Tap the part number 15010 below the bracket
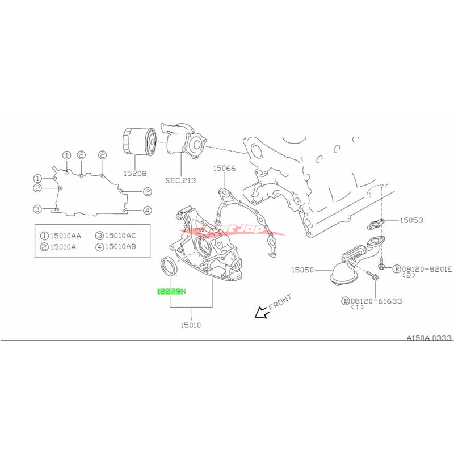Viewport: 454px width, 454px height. coord(191,325)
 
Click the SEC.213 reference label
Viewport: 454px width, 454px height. coord(181,180)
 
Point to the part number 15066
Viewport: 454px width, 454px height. coord(224,168)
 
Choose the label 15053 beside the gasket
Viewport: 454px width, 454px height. coord(413,220)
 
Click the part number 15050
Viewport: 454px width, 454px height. coord(304,271)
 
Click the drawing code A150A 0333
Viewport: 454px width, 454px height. coord(428,338)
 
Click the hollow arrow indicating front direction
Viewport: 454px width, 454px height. coord(262,312)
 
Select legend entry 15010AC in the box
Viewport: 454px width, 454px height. coord(120,235)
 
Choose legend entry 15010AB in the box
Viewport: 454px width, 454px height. coord(120,246)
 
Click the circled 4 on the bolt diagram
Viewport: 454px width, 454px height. coord(147,210)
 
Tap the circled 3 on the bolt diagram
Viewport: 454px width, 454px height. coord(37,209)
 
